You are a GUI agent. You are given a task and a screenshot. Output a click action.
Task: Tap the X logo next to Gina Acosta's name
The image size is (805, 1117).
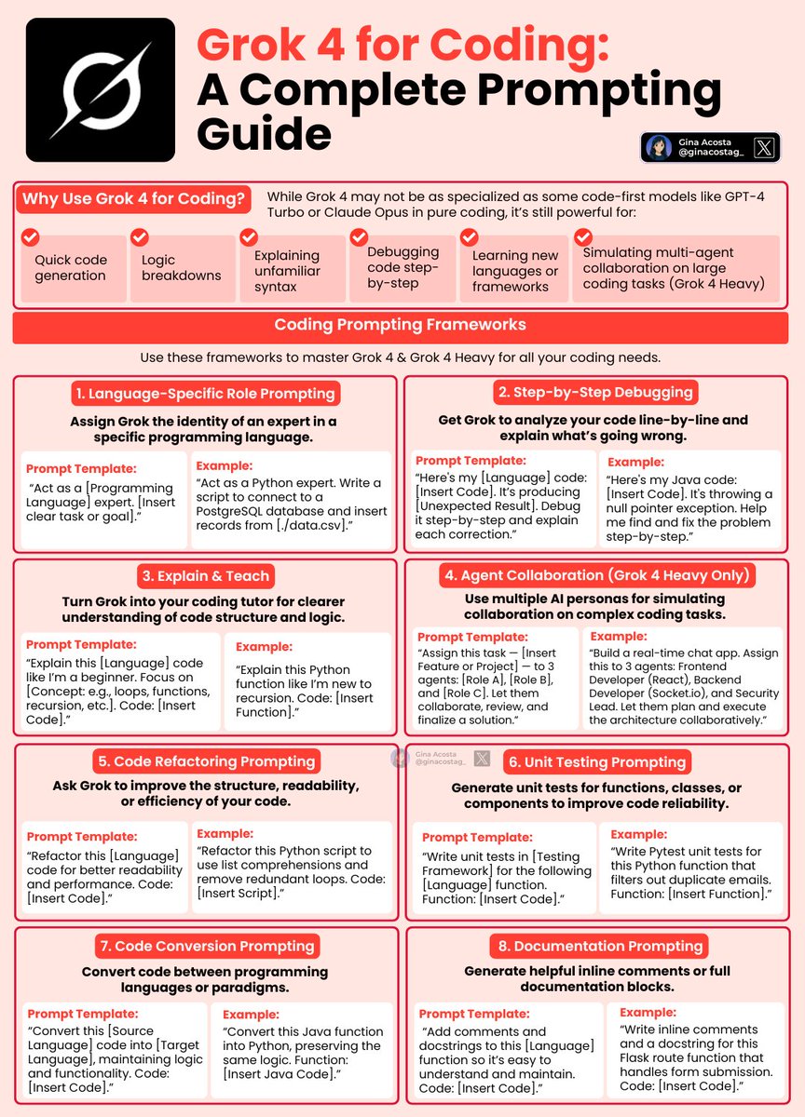(x=763, y=147)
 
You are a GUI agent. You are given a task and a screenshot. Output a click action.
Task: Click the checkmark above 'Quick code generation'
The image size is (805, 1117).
(x=30, y=237)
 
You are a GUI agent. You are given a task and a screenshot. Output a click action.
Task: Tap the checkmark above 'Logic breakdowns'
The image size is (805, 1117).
(x=139, y=237)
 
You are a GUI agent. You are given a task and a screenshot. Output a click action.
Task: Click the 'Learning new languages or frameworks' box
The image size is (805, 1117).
(x=515, y=270)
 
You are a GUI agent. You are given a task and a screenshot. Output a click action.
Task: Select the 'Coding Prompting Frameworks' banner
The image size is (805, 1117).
(x=401, y=325)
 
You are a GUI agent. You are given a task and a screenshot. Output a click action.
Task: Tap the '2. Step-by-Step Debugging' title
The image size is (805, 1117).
(x=594, y=392)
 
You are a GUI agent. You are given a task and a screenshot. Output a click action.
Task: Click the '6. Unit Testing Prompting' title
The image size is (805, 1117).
(x=596, y=761)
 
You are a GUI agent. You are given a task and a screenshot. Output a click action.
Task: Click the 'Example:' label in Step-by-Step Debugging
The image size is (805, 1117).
(x=637, y=462)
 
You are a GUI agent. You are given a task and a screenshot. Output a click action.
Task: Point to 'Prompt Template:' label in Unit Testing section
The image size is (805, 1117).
(x=477, y=838)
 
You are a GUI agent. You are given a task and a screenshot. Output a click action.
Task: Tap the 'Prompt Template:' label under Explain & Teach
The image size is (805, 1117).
(x=81, y=644)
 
